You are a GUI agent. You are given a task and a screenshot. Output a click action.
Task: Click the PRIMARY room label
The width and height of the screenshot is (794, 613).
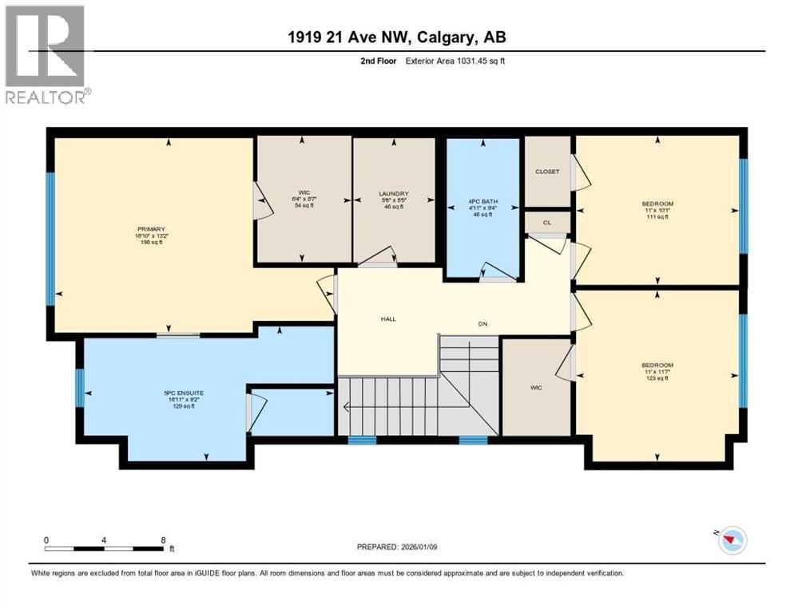[149, 229]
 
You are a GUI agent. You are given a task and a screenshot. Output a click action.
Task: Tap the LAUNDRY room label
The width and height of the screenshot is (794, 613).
[393, 194]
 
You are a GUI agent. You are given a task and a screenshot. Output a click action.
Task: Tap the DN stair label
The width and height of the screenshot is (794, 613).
[482, 323]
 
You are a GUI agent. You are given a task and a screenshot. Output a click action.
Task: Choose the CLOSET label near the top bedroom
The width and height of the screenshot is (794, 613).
[547, 172]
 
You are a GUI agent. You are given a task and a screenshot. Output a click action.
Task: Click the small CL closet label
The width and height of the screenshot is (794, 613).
[547, 223]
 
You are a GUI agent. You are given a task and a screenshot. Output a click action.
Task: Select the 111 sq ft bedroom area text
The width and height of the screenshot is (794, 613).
[657, 218]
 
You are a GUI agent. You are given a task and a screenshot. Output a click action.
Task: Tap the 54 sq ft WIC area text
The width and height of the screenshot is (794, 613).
[302, 206]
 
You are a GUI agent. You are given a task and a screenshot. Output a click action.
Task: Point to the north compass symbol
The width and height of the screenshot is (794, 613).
[731, 540]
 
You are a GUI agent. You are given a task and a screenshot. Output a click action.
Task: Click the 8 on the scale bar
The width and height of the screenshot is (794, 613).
[163, 540]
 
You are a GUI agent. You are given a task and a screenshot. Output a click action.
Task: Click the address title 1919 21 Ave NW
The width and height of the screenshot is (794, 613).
[397, 37]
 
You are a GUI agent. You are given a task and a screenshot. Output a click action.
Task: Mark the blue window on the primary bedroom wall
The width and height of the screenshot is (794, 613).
[50, 239]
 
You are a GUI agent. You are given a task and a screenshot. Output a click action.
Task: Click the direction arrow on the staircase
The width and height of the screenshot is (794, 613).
[347, 406]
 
